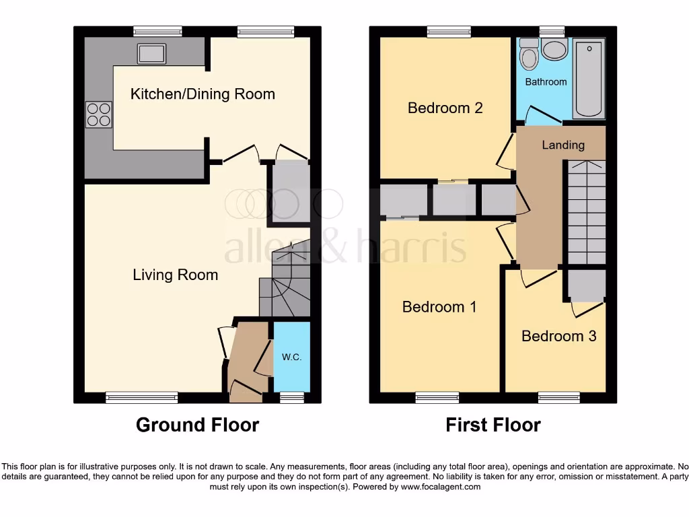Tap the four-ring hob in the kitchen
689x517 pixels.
pos(98,114)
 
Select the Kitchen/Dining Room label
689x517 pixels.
pos(203,94)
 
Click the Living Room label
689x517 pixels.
pos(175,275)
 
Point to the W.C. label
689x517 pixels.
pos(291,357)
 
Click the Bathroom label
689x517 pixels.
pos(546,81)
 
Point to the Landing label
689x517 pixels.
pos(563,145)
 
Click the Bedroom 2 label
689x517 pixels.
pos(445,108)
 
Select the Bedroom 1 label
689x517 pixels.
pos(439,307)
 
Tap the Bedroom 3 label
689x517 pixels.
pos(558,336)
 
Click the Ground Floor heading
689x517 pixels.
pos(197,425)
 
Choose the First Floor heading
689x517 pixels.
pos(493,425)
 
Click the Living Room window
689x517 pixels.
pos(142,398)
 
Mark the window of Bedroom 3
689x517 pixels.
pos(558,398)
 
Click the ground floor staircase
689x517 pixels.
pos(285,283)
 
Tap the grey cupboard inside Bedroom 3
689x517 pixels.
pos(585,285)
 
